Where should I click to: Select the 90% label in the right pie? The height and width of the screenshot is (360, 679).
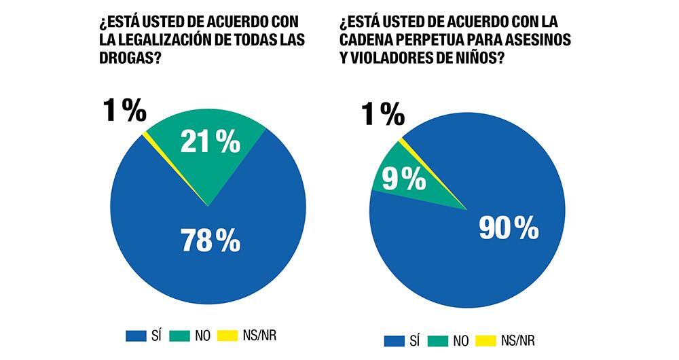[509, 229]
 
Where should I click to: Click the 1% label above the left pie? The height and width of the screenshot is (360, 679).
[124, 111]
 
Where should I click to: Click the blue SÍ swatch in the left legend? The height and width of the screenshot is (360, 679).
[136, 335]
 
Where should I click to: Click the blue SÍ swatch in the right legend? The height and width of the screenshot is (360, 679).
[394, 339]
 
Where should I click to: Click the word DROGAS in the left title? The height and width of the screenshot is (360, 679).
[128, 59]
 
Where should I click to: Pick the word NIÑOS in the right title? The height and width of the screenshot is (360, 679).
[478, 58]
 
